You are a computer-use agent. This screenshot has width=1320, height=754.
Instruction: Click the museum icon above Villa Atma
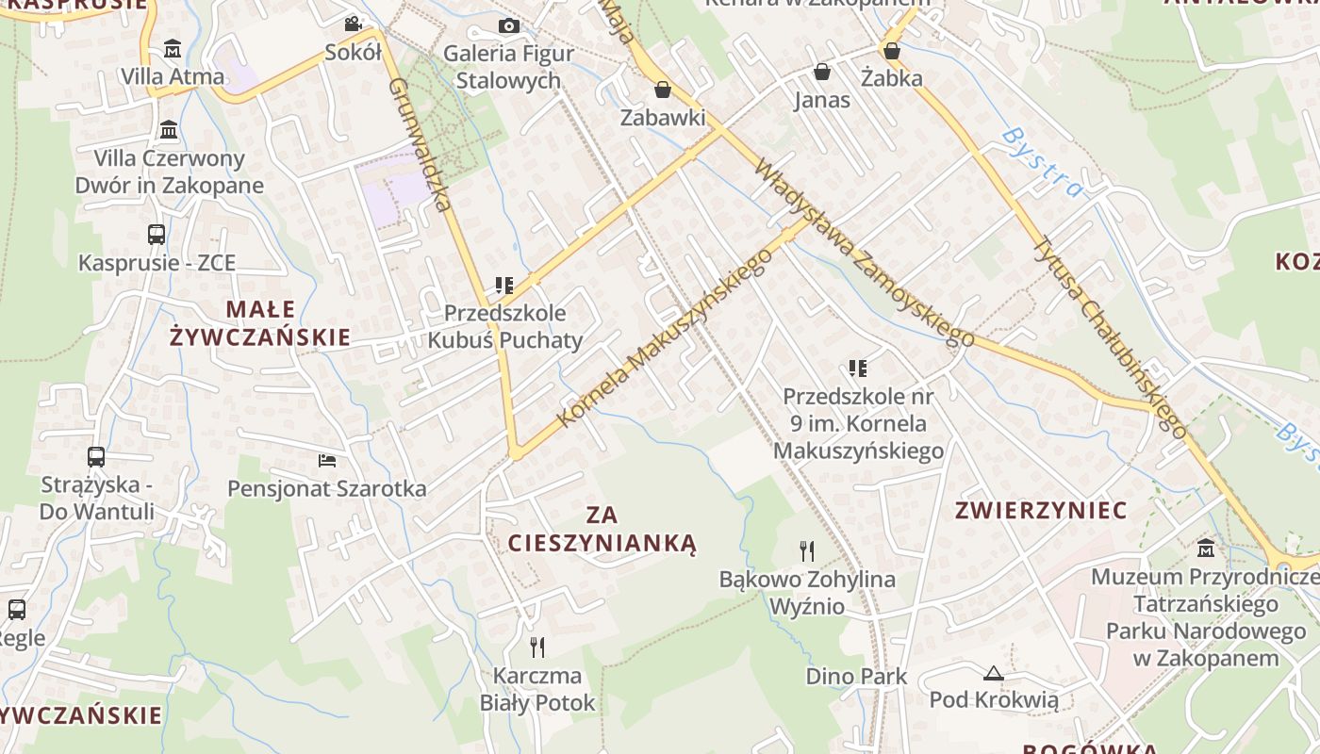pyautogui.click(x=173, y=48)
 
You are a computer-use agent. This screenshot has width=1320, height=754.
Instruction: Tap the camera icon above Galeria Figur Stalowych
pyautogui.click(x=509, y=25)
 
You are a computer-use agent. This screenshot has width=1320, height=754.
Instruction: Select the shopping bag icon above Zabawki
pyautogui.click(x=663, y=90)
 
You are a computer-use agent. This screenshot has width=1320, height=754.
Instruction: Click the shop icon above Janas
pyautogui.click(x=822, y=72)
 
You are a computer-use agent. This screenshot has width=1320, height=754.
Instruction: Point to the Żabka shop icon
pyautogui.click(x=891, y=50)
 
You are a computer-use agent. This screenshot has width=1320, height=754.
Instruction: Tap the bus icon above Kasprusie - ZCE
pyautogui.click(x=157, y=235)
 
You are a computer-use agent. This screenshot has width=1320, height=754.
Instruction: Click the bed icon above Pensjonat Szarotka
pyautogui.click(x=327, y=460)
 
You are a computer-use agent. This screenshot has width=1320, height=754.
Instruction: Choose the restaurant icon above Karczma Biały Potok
pyautogui.click(x=537, y=647)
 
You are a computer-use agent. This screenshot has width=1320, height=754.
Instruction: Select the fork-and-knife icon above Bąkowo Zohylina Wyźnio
pyautogui.click(x=807, y=550)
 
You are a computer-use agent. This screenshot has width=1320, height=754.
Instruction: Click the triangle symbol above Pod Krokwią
pyautogui.click(x=993, y=673)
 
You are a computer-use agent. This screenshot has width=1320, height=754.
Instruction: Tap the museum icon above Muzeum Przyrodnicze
pyautogui.click(x=1206, y=548)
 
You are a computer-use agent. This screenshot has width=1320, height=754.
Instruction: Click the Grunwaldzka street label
pyautogui.click(x=420, y=143)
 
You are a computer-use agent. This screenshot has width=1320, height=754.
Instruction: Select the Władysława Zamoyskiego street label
pyautogui.click(x=864, y=253)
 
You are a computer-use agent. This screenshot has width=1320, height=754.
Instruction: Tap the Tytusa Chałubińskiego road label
pyautogui.click(x=1111, y=335)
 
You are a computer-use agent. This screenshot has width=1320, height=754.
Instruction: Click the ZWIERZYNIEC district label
pyautogui.click(x=1041, y=511)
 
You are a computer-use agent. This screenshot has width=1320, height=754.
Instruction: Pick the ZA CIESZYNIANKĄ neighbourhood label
pyautogui.click(x=602, y=529)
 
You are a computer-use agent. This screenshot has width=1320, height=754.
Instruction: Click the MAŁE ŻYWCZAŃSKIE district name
pyautogui.click(x=259, y=323)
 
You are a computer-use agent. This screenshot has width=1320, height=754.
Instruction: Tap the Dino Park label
pyautogui.click(x=856, y=676)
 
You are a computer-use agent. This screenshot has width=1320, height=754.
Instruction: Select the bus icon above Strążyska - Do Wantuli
pyautogui.click(x=96, y=457)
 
